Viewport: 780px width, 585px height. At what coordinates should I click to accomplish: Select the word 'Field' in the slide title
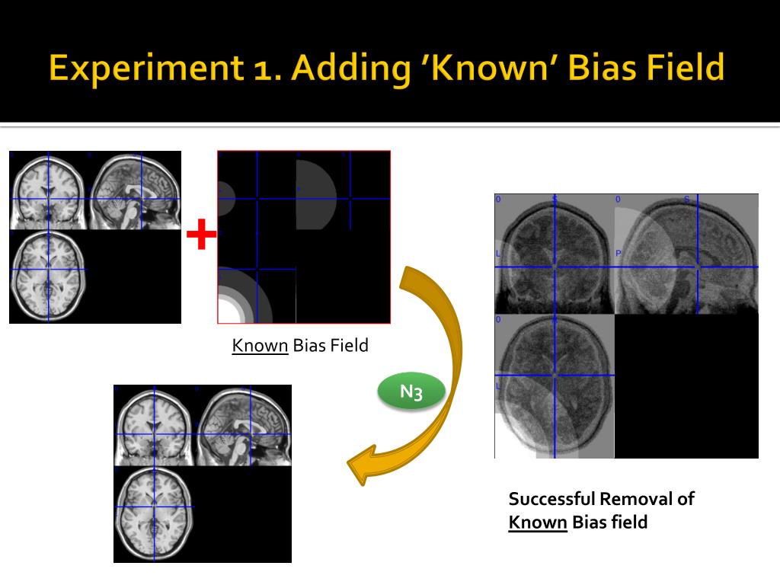[x=681, y=69]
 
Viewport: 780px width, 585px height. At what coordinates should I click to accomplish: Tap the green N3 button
[x=411, y=393]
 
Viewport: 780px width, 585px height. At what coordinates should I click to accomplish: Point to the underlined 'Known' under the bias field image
[x=260, y=346]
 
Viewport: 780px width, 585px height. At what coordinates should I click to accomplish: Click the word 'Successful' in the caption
[x=551, y=500]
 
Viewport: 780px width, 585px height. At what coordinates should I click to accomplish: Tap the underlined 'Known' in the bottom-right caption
[x=538, y=523]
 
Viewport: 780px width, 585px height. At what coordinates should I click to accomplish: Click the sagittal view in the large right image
[x=686, y=255]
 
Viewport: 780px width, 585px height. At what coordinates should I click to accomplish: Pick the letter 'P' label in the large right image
[x=619, y=252]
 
